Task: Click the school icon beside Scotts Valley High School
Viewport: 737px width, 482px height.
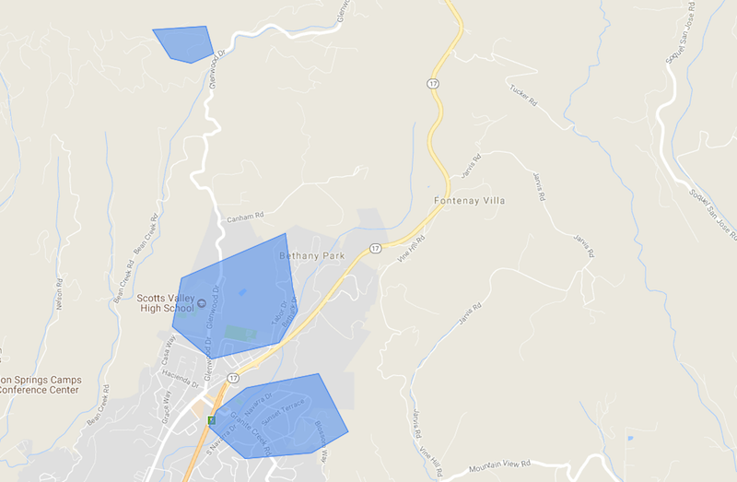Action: pos(202,305)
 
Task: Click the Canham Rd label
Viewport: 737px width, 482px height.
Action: pos(245,217)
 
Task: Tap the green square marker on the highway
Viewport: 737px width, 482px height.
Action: pos(212,420)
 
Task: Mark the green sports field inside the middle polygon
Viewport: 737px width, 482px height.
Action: pos(239,333)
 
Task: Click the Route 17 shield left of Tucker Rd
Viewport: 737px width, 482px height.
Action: pos(432,84)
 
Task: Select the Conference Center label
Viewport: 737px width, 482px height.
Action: pos(39,390)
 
